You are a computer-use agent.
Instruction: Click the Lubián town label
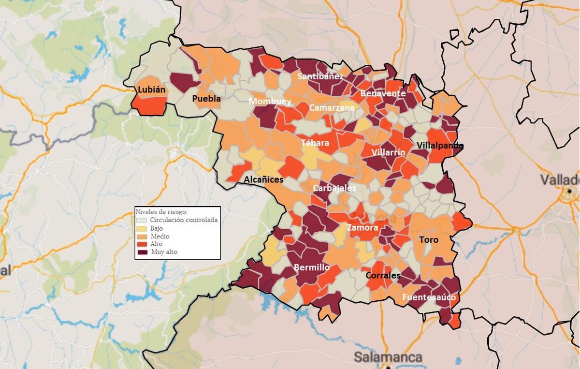coord(151,90)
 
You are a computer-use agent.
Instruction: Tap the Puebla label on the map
coord(206,99)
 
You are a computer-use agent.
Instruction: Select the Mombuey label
coord(270,102)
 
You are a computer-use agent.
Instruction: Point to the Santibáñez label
coord(320,76)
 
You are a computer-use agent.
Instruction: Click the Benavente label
coord(383,93)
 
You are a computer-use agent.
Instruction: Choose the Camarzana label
coord(332,108)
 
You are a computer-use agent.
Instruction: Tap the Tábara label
coord(315,143)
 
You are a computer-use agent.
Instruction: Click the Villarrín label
coord(389,153)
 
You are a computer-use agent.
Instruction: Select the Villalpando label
coord(440,146)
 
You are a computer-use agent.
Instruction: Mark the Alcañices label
coord(263,179)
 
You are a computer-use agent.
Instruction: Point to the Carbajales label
coord(334,188)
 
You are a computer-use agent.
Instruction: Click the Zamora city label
coord(362,227)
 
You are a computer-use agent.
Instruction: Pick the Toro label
coord(429,240)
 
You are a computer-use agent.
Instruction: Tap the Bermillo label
coord(312,267)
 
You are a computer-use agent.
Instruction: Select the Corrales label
coord(383,276)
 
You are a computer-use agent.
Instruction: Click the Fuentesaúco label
coord(429,297)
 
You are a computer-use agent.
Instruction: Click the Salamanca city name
coord(388,357)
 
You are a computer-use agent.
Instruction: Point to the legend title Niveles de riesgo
coord(161,212)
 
